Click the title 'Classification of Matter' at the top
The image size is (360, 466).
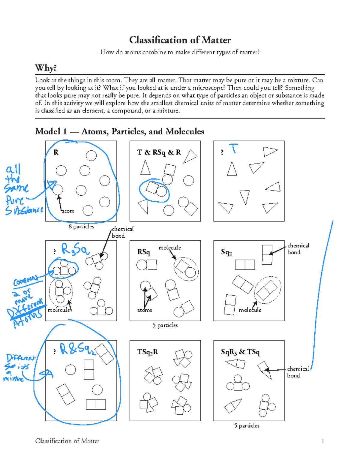[180, 40]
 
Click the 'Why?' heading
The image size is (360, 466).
[46, 68]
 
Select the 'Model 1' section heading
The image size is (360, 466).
[119, 131]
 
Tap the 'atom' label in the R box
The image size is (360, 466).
[68, 211]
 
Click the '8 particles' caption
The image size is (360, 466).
[81, 227]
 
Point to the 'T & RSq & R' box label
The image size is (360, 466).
[159, 152]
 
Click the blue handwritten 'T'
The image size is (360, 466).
[233, 148]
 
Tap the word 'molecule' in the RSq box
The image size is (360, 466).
[169, 248]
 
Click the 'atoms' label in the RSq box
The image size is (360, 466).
[144, 310]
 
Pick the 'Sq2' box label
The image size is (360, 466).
[226, 252]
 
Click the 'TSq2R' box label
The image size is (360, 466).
[147, 352]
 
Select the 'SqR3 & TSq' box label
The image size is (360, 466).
[240, 352]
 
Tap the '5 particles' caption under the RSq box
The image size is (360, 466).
[165, 325]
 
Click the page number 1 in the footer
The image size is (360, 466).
[322, 441]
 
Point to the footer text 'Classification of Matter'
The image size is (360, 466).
[67, 441]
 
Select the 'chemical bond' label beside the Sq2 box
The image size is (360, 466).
[298, 249]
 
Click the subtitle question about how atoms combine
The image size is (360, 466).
[180, 52]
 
